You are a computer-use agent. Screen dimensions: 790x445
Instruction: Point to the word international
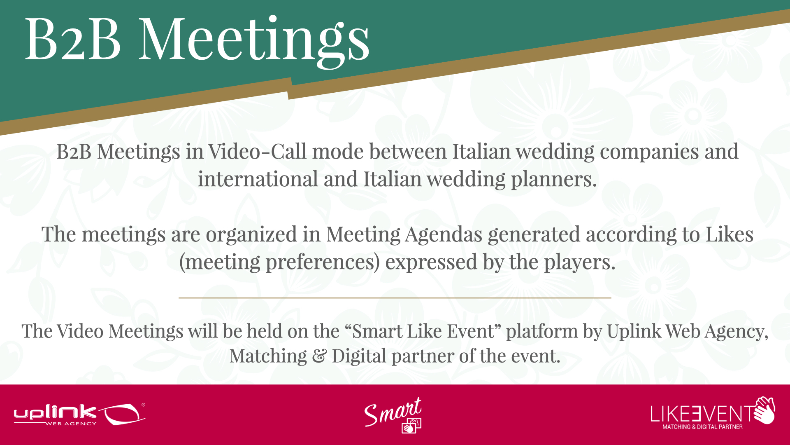tap(258, 179)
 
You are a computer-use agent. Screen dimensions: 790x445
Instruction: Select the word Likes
tap(730, 234)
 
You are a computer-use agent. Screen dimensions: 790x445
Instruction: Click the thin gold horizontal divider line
tap(395, 297)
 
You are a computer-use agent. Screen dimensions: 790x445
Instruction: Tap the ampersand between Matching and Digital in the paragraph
tap(319, 356)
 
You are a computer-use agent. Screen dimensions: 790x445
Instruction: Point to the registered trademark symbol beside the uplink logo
tap(143, 405)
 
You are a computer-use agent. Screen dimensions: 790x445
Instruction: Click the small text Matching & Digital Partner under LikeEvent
tap(702, 427)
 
